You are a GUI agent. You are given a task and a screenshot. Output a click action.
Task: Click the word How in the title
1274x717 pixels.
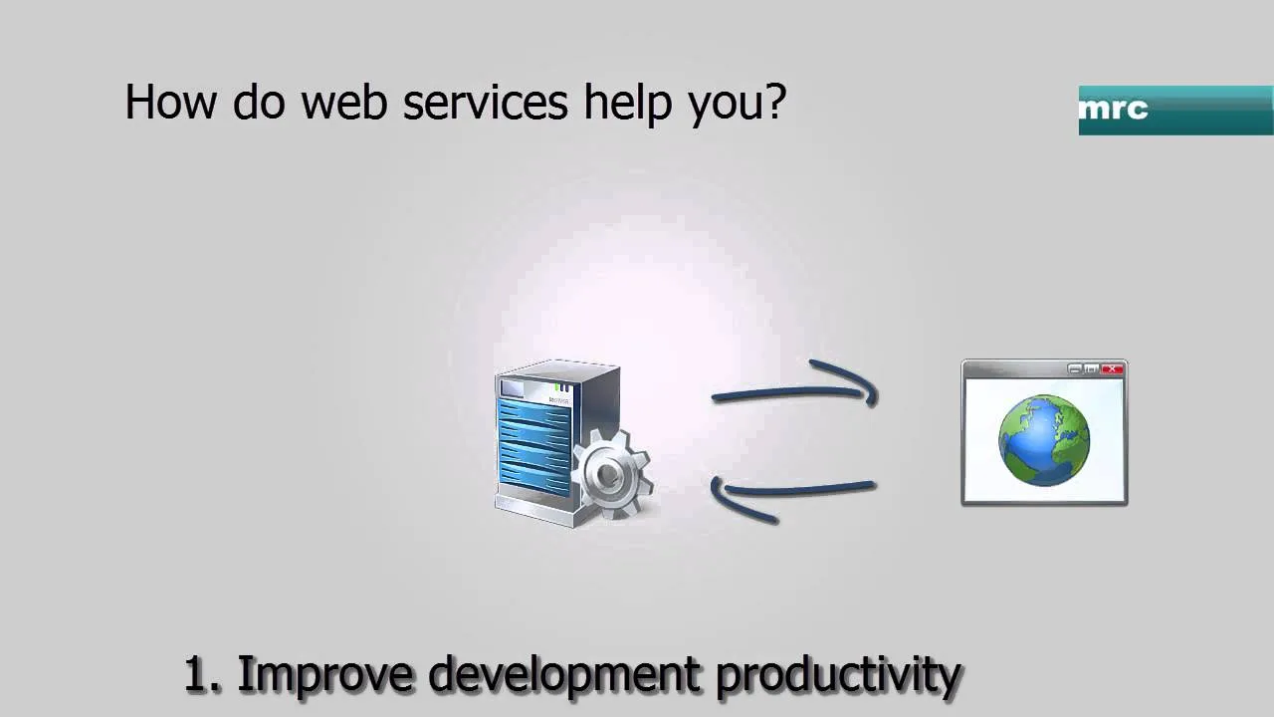pyautogui.click(x=170, y=102)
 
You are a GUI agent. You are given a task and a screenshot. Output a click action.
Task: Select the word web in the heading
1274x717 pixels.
pyautogui.click(x=344, y=102)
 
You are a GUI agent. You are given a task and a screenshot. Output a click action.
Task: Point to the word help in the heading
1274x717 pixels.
pyautogui.click(x=628, y=105)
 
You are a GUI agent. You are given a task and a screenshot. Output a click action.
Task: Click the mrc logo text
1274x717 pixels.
pyautogui.click(x=1113, y=109)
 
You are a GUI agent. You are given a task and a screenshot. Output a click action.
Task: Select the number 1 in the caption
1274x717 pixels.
pyautogui.click(x=197, y=674)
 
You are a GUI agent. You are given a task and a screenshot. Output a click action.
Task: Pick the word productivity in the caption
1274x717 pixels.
pyautogui.click(x=838, y=678)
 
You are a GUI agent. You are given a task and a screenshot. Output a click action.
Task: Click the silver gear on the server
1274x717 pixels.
pyautogui.click(x=612, y=473)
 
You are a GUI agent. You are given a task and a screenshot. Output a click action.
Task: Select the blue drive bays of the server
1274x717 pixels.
pyautogui.click(x=533, y=448)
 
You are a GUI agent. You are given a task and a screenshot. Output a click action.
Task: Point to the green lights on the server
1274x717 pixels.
pyautogui.click(x=562, y=387)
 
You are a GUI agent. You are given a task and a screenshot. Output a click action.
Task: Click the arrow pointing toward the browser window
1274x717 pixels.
pyautogui.click(x=795, y=391)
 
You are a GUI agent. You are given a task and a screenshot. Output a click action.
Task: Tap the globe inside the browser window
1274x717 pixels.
pyautogui.click(x=1044, y=440)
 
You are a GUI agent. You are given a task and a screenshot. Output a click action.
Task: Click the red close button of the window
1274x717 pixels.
pyautogui.click(x=1112, y=369)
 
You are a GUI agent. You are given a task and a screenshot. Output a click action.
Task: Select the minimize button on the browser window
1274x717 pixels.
pyautogui.click(x=1074, y=369)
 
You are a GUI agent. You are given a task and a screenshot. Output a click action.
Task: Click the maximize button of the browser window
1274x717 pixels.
pyautogui.click(x=1091, y=369)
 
